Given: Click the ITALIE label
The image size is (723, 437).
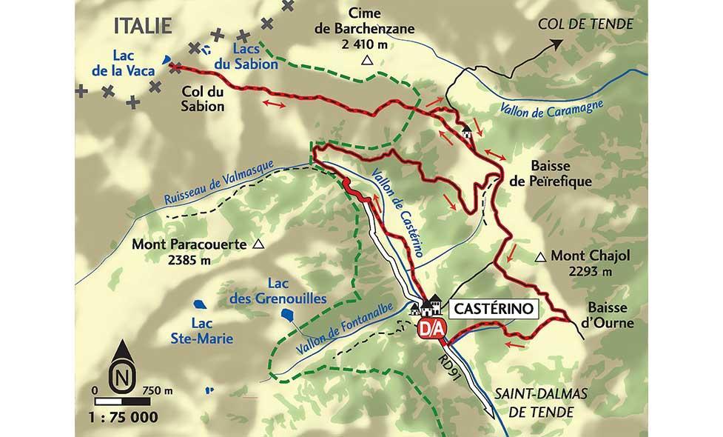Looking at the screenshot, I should [143, 26].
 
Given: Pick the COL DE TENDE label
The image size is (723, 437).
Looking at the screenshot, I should [585, 24].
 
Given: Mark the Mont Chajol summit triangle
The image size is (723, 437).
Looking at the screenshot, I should [541, 257].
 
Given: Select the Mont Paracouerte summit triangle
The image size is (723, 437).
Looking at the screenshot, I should [258, 244].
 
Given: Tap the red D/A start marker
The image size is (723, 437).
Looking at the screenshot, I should [429, 327].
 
